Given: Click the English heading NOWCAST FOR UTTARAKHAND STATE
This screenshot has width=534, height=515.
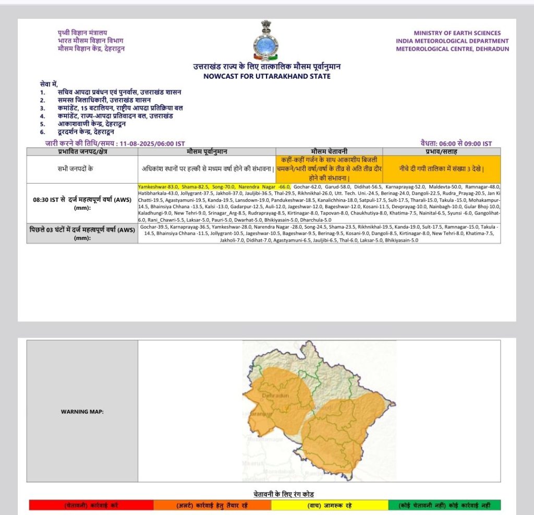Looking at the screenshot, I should tap(266, 76).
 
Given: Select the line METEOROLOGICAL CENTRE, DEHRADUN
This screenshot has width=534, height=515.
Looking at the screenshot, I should tap(452, 49).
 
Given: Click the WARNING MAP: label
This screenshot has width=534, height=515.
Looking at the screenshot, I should tap(82, 412).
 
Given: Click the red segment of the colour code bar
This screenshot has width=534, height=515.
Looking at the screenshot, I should tap(91, 505).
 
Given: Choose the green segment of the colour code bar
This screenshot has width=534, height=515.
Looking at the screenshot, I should tap(444, 505).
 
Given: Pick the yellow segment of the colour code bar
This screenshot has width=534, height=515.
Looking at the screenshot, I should tap(323, 505).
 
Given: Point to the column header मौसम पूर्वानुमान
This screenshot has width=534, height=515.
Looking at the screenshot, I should tap(207, 151).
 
